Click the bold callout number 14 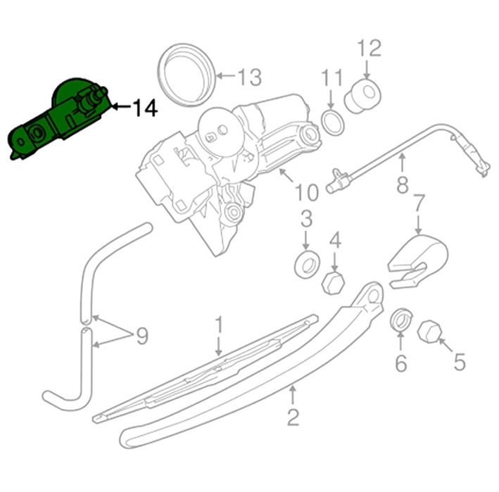point(145,108)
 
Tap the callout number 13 point(250,77)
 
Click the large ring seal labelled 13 point(187,75)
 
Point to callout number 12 point(369,49)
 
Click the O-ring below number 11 point(333,122)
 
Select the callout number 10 point(307,192)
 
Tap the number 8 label point(403,184)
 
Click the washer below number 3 point(307,264)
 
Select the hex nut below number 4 point(333,283)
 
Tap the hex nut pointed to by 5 point(429,332)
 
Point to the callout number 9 point(142,336)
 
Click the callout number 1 point(219,325)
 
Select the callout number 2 point(293,417)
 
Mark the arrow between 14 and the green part point(121,106)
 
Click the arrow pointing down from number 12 point(367,69)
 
